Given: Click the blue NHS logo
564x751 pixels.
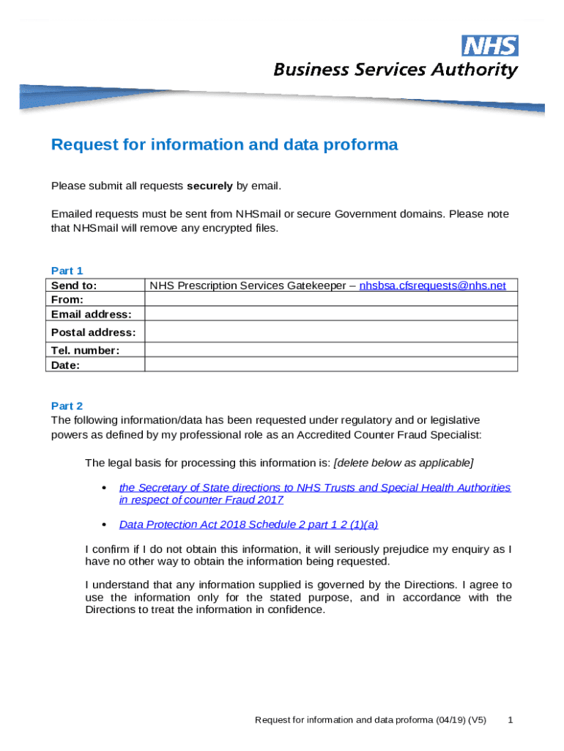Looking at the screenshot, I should [490, 45].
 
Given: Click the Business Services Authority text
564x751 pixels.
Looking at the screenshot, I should [396, 70].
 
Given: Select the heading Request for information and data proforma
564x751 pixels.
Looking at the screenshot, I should [224, 144].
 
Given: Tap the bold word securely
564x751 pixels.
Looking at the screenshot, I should [209, 186].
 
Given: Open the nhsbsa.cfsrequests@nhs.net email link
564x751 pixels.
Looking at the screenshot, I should [432, 285].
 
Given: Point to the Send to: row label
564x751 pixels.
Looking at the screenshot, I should [74, 285].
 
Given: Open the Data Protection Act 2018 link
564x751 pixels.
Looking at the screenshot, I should [248, 524].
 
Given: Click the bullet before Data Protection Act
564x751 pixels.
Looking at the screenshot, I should [103, 524].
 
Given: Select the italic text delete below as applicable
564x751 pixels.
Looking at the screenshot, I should [404, 463].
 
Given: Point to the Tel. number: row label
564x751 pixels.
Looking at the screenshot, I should [85, 350].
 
